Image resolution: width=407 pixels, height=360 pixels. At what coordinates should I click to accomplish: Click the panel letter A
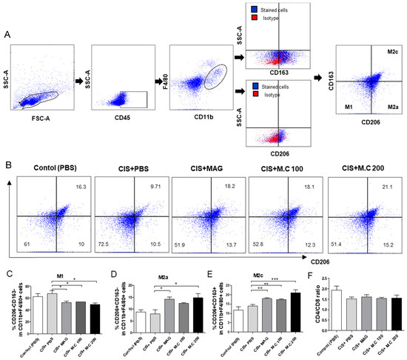click(7, 34)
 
